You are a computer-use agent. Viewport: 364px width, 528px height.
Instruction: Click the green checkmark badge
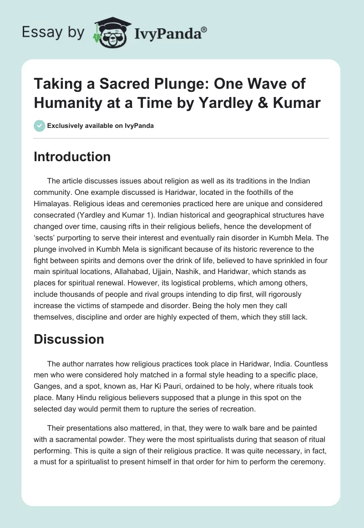(x=39, y=126)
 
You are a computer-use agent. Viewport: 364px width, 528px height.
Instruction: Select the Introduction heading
(x=72, y=157)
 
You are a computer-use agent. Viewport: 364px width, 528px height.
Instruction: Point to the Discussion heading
(x=69, y=339)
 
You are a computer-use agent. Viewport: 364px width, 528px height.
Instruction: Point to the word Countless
(x=306, y=365)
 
